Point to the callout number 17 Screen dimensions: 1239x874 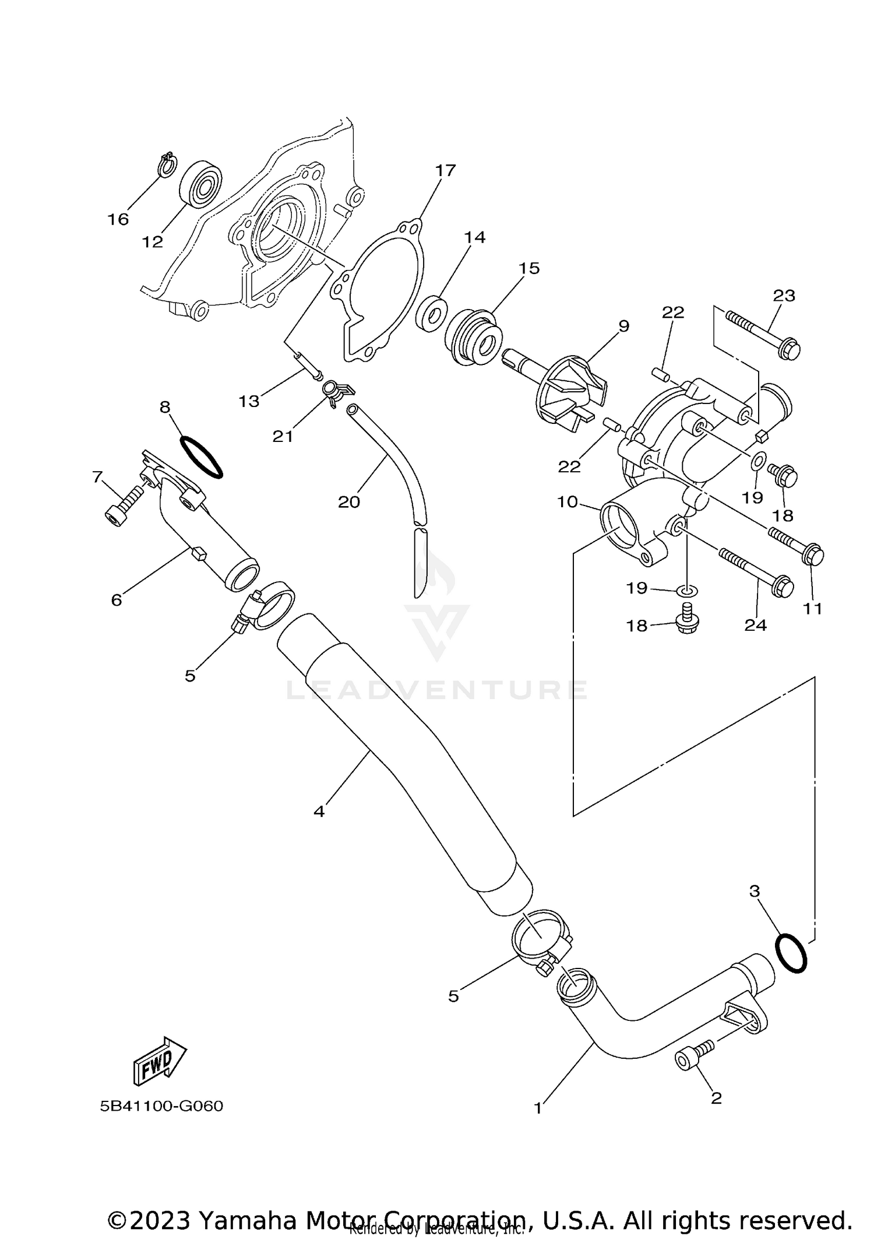tap(445, 171)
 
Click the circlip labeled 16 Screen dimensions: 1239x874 tap(167, 164)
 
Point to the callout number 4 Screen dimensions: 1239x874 tap(319, 811)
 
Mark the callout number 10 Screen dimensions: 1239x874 tap(567, 501)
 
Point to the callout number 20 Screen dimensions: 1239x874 tap(349, 501)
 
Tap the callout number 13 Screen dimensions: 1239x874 tap(249, 401)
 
